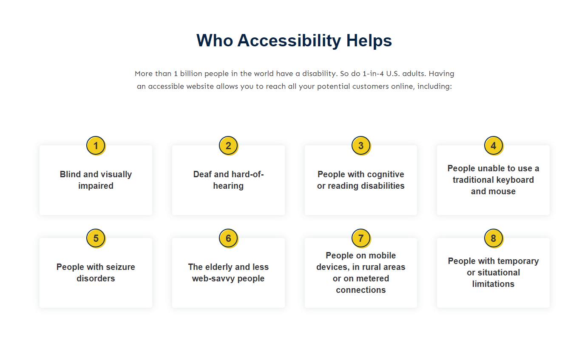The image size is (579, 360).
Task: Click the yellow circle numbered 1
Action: click(96, 146)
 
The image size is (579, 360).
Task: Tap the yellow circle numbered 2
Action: click(229, 146)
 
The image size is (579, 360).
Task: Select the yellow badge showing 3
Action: click(361, 146)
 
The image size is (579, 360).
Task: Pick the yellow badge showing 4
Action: click(494, 146)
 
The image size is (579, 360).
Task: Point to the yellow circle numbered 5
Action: click(96, 238)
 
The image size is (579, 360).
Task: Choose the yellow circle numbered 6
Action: click(229, 238)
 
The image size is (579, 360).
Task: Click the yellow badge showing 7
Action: click(361, 238)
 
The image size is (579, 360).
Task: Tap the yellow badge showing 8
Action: click(494, 238)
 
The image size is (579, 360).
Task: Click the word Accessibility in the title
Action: click(289, 41)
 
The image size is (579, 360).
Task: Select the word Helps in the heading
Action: click(369, 40)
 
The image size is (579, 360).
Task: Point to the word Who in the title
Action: click(215, 40)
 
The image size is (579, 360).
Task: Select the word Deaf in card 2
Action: click(202, 174)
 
